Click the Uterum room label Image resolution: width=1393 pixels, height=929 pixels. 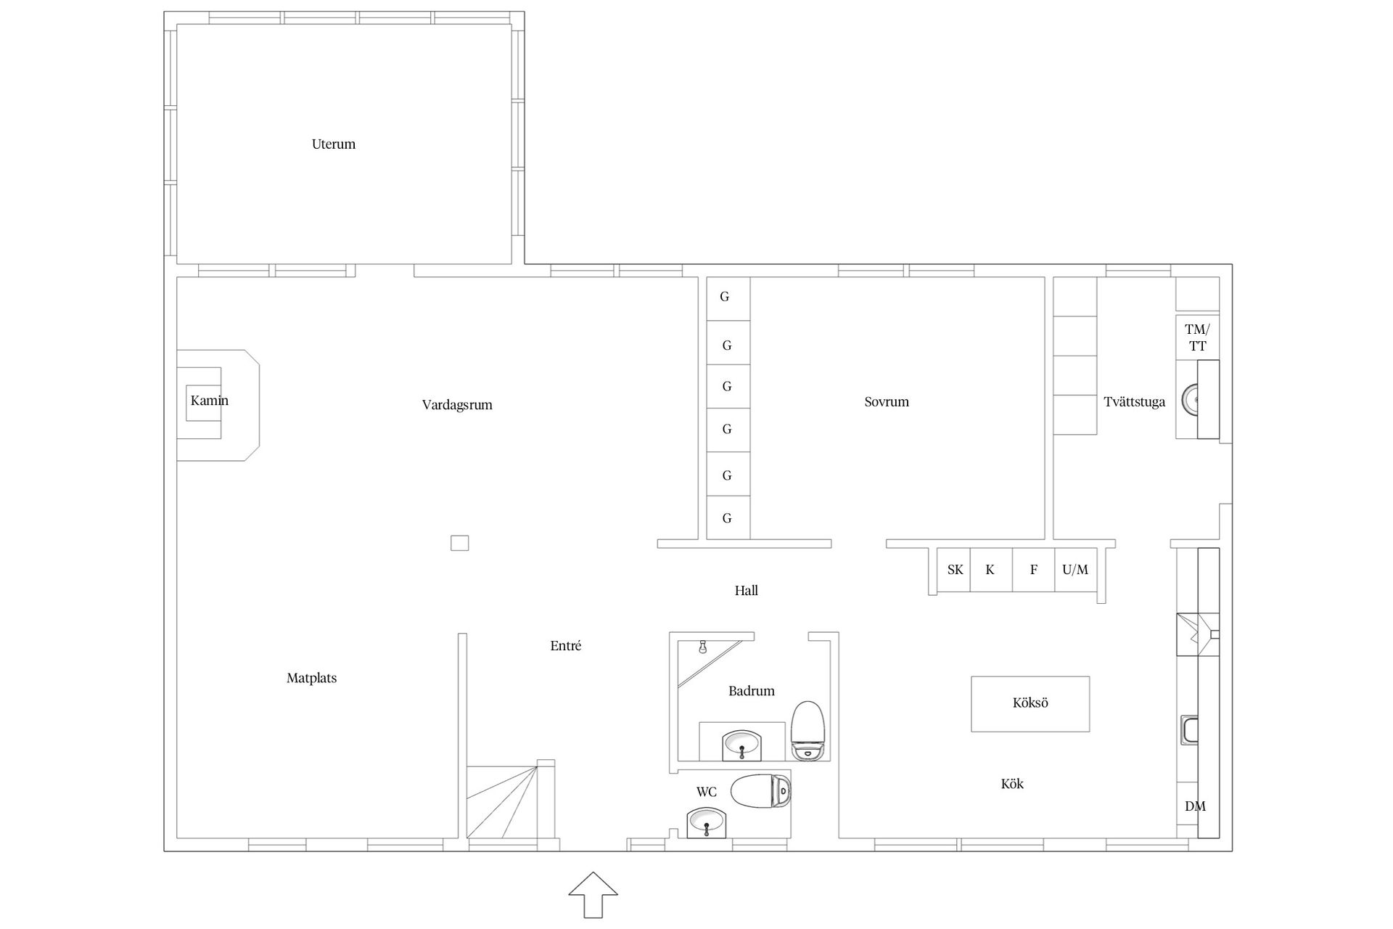click(x=334, y=144)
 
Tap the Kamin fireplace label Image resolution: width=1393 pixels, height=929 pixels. click(x=210, y=401)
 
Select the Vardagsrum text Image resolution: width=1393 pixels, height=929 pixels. click(x=457, y=405)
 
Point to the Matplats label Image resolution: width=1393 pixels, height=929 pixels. click(x=312, y=678)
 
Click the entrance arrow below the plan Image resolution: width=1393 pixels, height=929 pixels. click(x=593, y=895)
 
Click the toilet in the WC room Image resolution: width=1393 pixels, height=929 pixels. click(x=761, y=791)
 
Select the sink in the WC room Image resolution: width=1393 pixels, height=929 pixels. click(x=706, y=823)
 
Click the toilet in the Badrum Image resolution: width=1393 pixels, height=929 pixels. click(x=809, y=730)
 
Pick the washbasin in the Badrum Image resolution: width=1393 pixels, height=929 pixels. click(x=742, y=745)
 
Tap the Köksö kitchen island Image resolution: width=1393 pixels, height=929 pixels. click(x=1030, y=703)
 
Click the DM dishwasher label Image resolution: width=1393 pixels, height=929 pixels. click(x=1195, y=806)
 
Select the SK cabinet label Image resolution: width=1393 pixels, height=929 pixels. click(x=955, y=570)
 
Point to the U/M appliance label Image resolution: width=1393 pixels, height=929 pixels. click(x=1075, y=570)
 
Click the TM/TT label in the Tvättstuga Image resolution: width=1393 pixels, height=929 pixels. click(x=1197, y=338)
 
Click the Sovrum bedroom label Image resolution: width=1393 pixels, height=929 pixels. click(x=887, y=401)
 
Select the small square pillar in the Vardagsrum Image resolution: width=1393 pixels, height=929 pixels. click(x=459, y=543)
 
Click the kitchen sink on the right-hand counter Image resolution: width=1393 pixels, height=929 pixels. click(x=1190, y=730)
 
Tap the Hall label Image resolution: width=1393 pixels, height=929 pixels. click(x=746, y=591)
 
